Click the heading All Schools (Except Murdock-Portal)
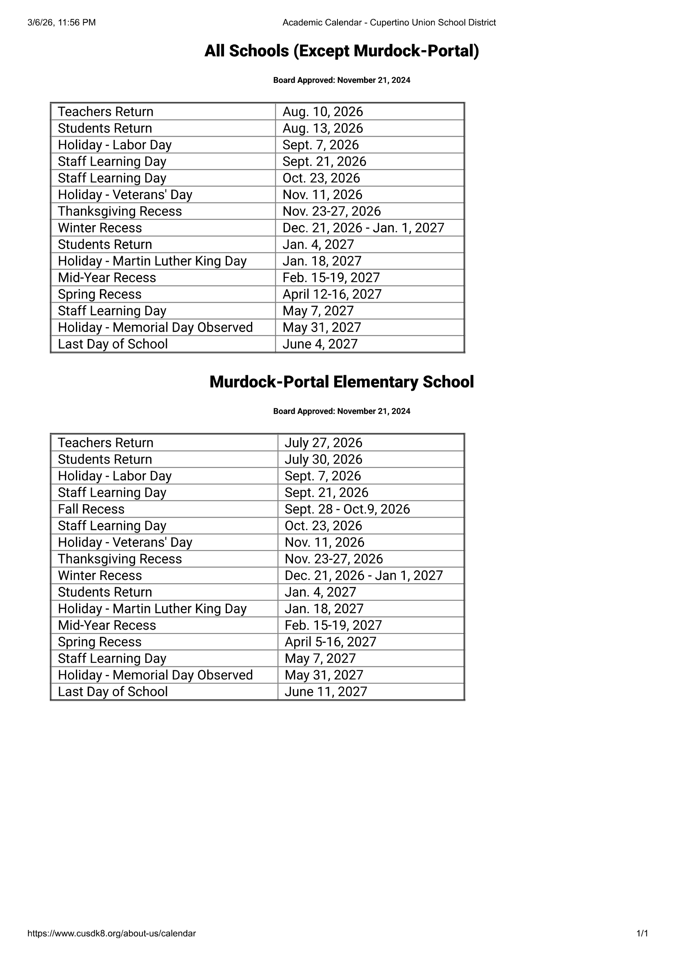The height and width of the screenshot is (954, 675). (341, 51)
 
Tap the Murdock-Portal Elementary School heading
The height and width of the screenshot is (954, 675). (341, 382)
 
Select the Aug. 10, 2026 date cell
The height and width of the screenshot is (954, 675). (322, 112)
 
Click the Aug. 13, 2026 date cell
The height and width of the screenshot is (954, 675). (322, 128)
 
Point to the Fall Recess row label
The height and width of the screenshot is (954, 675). (91, 509)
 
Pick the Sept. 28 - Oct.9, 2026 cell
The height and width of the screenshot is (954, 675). (347, 509)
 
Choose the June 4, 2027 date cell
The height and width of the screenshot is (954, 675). (320, 344)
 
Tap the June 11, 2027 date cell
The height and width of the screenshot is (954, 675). (326, 691)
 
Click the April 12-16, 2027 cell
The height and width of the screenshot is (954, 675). (332, 294)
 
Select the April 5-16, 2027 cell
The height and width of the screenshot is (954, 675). (331, 642)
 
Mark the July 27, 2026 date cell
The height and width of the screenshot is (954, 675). (323, 443)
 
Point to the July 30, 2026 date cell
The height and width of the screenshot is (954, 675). (323, 459)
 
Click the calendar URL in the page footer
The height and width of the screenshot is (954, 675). (111, 933)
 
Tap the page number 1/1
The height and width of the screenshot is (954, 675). (642, 933)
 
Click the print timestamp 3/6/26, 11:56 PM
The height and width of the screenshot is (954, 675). (62, 22)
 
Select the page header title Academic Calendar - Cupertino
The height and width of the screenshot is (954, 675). (389, 22)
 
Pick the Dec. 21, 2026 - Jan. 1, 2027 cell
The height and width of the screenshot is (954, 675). (363, 228)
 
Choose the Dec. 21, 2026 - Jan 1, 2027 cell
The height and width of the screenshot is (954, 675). (364, 575)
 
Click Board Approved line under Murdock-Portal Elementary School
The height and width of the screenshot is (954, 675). (341, 412)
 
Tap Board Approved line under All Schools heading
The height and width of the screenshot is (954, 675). (341, 80)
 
